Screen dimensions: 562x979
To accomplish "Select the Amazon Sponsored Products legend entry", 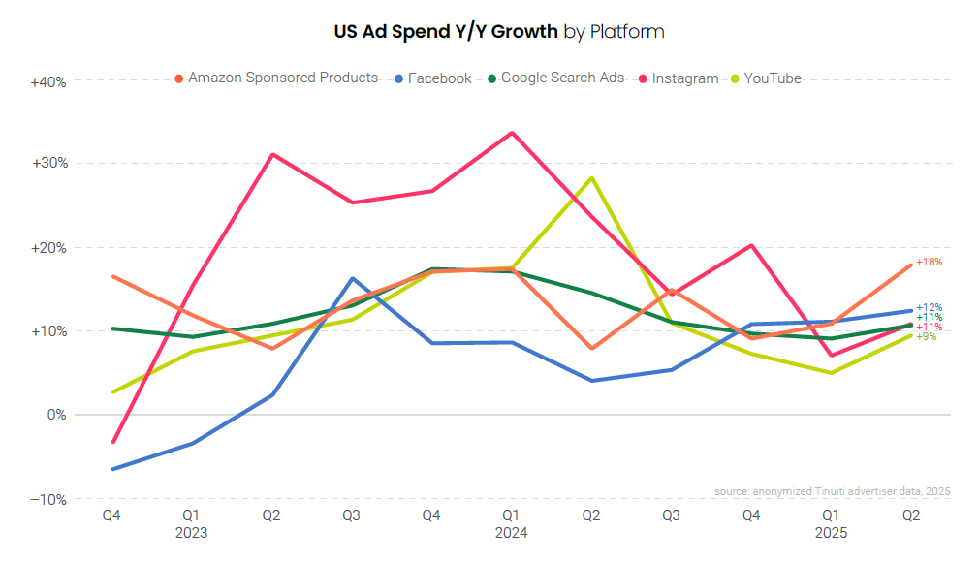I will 282,78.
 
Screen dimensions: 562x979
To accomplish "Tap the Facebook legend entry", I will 439,78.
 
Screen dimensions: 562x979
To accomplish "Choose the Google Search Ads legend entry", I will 562,78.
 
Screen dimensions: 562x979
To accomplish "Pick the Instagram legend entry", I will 684,78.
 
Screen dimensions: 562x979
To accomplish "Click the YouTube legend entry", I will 773,78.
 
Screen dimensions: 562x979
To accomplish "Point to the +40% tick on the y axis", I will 48,82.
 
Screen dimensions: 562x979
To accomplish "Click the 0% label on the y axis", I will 55,415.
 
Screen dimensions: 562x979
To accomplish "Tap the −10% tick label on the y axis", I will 48,499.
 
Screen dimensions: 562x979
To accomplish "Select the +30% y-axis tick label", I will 48,164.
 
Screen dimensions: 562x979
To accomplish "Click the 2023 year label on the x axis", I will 192,532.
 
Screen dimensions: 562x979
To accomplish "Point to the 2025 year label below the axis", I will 832,532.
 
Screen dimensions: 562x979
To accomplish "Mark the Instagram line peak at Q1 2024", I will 512,133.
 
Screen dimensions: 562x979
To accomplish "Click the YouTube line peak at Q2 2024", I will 591,177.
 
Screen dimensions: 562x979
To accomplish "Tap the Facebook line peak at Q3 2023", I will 353,278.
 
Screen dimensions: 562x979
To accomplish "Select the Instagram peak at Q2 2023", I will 273,154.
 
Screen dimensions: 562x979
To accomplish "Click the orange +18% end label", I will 929,262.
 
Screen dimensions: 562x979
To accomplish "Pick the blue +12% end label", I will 929,307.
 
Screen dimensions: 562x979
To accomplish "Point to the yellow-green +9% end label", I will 927,336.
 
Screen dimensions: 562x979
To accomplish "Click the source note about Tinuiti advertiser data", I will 833,492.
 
